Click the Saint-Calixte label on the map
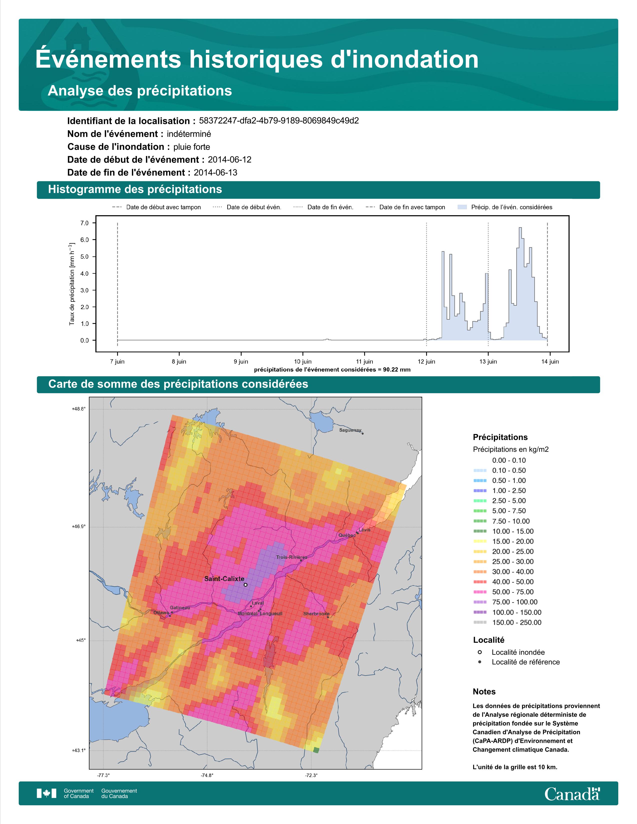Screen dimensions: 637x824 (x=224, y=578)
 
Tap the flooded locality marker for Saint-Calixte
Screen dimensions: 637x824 (x=246, y=585)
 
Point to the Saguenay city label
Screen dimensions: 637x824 (x=350, y=430)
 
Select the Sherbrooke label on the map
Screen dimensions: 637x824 (x=316, y=614)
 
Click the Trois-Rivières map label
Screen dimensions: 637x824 (x=292, y=557)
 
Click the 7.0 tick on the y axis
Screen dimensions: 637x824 (x=84, y=223)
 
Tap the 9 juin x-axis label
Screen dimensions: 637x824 (x=241, y=362)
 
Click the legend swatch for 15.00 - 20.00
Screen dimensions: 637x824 (x=480, y=541)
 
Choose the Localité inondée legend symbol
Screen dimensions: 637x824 (x=480, y=652)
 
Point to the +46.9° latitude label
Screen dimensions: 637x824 (x=79, y=527)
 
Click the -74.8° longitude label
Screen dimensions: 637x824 (x=207, y=775)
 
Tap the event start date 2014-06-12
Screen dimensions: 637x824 (x=229, y=160)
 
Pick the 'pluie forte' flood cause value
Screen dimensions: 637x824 (x=192, y=147)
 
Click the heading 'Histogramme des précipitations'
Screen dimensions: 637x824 (x=135, y=190)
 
